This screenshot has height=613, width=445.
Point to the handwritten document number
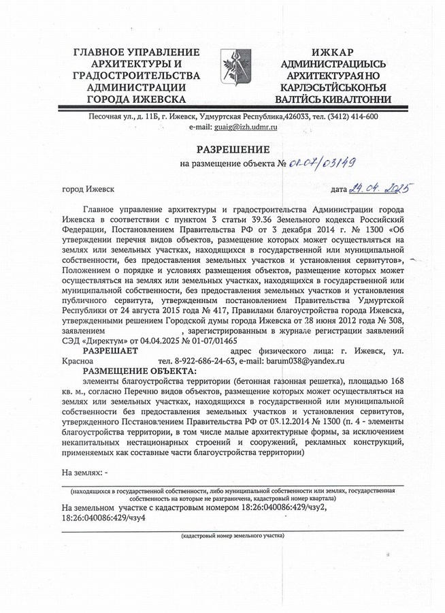click(321, 163)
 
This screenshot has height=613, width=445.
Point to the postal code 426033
click(297, 116)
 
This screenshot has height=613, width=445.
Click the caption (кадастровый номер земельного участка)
click(232, 537)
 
